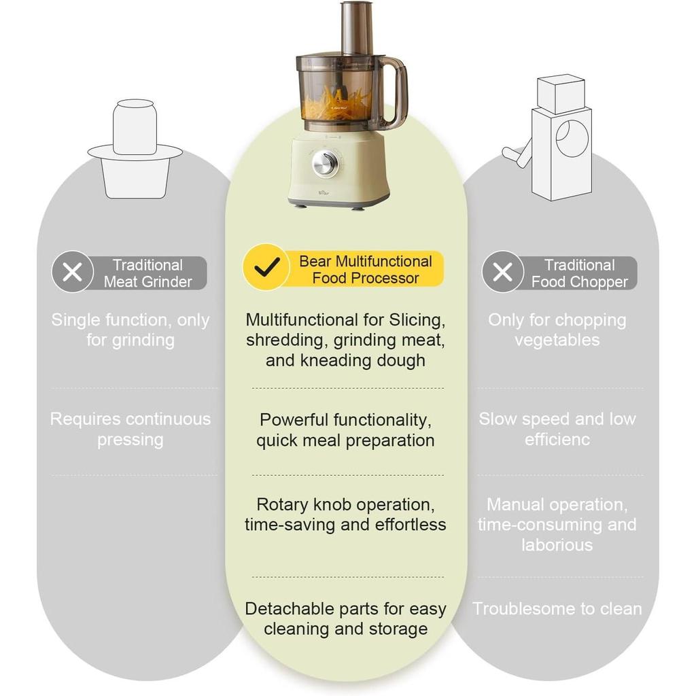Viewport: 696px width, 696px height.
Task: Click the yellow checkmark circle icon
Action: click(266, 267)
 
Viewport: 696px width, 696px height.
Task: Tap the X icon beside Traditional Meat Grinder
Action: click(72, 272)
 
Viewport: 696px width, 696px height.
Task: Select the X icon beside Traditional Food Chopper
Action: click(503, 272)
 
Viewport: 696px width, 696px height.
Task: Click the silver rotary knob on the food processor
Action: click(326, 164)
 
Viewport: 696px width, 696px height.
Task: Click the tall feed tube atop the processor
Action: click(357, 29)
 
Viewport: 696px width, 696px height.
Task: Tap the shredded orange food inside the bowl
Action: click(336, 104)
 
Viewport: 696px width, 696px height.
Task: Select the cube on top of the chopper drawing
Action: click(560, 94)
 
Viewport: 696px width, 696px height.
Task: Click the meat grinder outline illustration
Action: click(135, 149)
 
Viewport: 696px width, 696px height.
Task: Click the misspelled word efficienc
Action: click(557, 440)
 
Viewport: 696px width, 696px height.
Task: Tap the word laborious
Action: click(557, 545)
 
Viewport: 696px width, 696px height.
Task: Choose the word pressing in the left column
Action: click(130, 440)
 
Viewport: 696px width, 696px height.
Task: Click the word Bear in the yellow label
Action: click(315, 262)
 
